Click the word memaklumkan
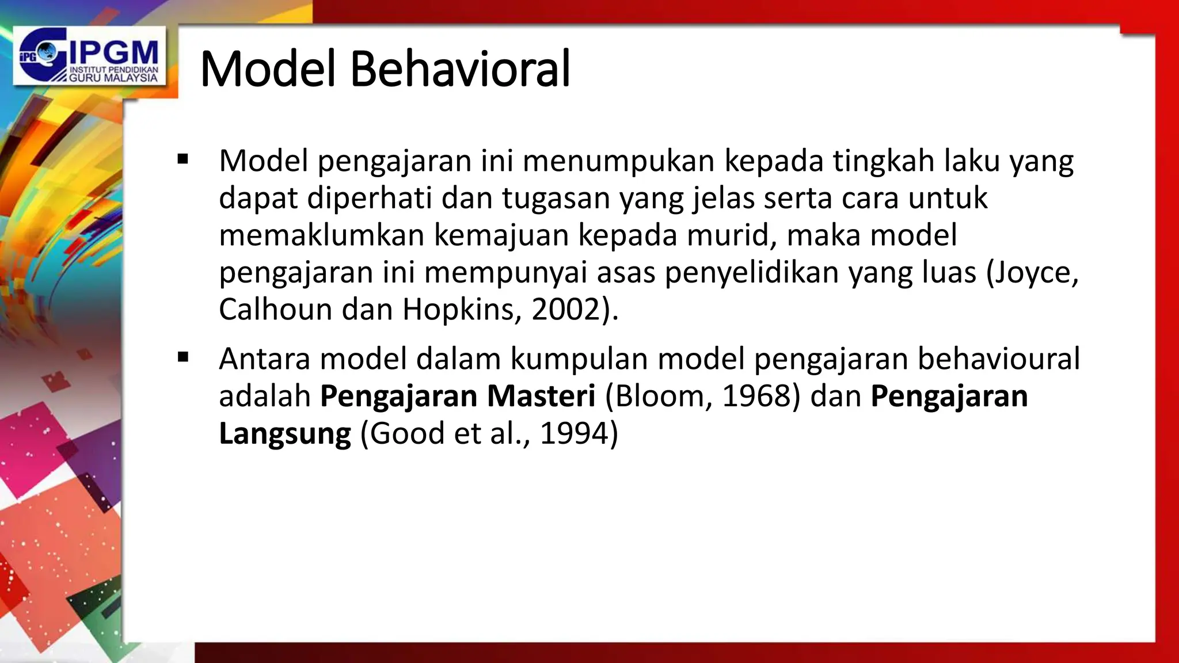pos(321,235)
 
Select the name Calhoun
pos(275,310)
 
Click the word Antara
pos(264,359)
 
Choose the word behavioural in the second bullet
pos(998,359)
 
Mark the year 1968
pos(755,396)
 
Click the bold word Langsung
pos(285,433)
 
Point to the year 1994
pos(574,433)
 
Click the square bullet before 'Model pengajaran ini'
pos(184,159)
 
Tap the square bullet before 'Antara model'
pos(184,357)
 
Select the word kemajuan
pos(501,235)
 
